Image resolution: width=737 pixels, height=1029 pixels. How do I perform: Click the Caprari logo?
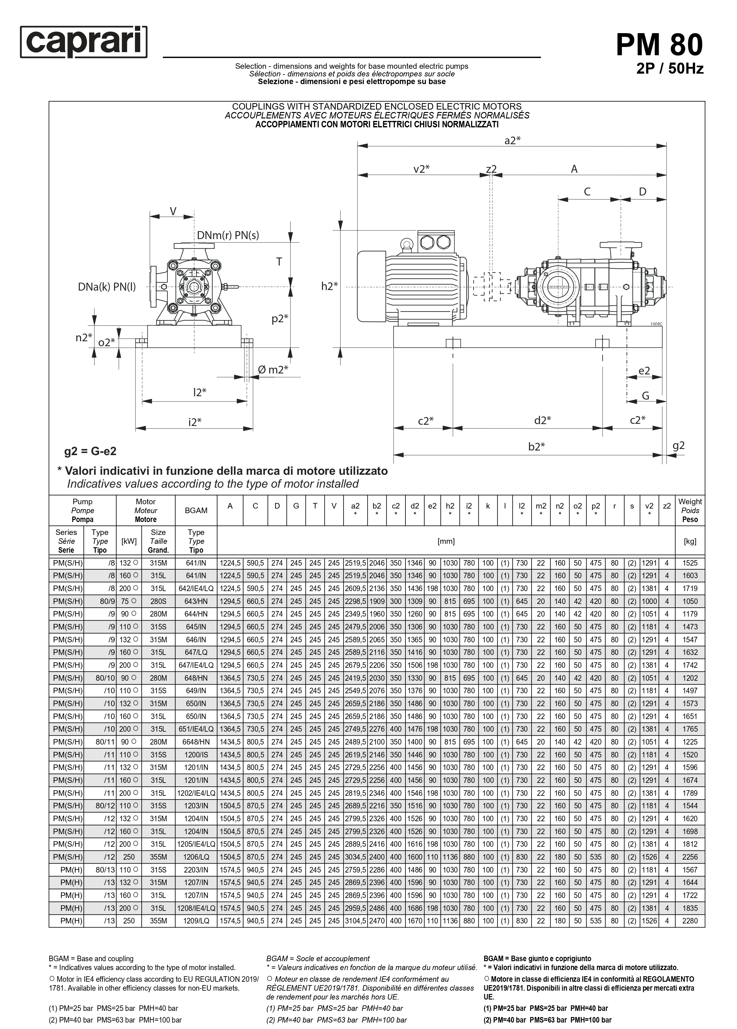pyautogui.click(x=84, y=42)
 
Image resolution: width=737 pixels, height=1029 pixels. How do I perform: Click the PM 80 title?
pyautogui.click(x=659, y=44)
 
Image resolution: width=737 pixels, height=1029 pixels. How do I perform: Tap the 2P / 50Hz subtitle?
pyautogui.click(x=670, y=68)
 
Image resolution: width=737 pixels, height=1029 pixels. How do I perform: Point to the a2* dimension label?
pyautogui.click(x=512, y=140)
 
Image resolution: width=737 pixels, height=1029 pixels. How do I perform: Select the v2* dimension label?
pyautogui.click(x=421, y=169)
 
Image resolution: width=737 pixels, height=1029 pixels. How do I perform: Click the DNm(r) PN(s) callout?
pyautogui.click(x=228, y=235)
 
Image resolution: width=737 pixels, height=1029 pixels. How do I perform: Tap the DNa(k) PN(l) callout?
pyautogui.click(x=107, y=287)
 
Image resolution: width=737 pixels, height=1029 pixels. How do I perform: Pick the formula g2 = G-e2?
pyautogui.click(x=90, y=451)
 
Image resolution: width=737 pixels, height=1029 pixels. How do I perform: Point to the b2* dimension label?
pyautogui.click(x=536, y=447)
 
